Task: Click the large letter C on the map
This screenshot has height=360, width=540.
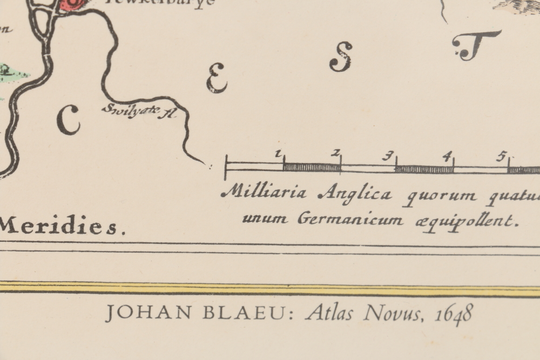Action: tap(68, 120)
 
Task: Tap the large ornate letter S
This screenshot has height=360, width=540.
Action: tap(341, 57)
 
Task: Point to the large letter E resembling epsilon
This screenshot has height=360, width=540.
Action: tap(216, 78)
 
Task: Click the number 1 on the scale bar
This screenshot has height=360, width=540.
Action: tap(279, 154)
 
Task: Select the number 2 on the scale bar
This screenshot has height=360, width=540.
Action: tap(335, 154)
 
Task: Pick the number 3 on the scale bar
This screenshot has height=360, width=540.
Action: tap(387, 157)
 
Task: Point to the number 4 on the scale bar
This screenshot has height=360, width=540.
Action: tap(446, 157)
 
